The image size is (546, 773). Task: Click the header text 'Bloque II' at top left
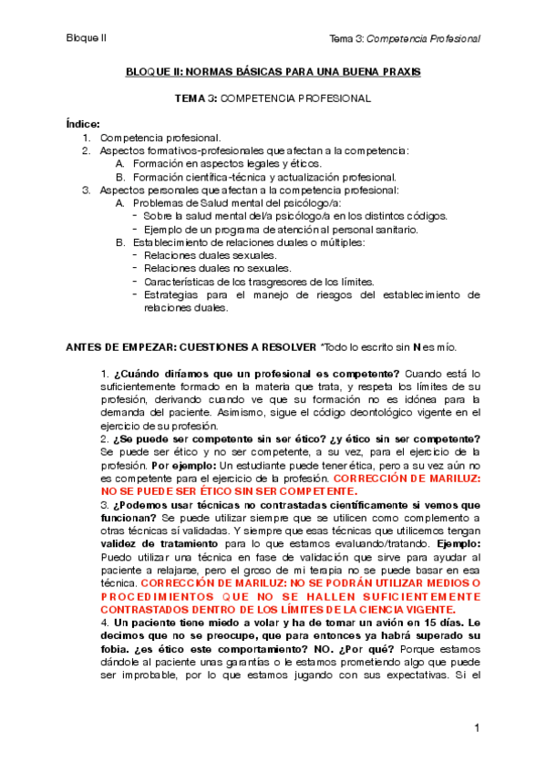(x=87, y=38)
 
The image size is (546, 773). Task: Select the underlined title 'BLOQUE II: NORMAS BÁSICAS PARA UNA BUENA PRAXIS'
(x=273, y=72)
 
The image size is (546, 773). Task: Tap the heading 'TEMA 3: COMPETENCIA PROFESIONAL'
(x=273, y=98)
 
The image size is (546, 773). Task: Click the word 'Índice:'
(x=83, y=124)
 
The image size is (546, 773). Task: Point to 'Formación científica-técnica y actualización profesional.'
(x=264, y=177)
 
